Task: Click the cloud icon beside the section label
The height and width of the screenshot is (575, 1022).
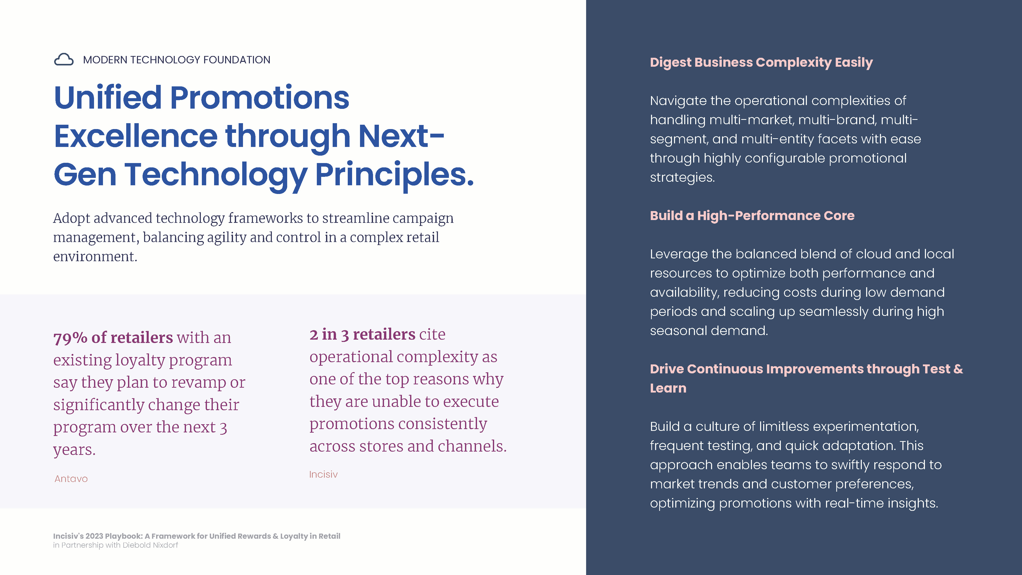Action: point(63,60)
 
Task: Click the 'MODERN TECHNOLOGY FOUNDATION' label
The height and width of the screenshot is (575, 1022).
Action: point(177,60)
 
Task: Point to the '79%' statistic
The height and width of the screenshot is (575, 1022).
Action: point(70,338)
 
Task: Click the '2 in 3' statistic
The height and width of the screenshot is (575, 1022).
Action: point(329,335)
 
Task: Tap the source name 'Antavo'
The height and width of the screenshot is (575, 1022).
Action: point(71,479)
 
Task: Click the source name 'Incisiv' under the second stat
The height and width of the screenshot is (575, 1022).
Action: point(323,474)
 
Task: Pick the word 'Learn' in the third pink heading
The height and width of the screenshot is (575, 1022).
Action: point(668,388)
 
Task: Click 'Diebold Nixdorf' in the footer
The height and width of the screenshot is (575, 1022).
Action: point(150,545)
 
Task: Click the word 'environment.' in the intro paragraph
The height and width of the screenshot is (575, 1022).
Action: point(95,257)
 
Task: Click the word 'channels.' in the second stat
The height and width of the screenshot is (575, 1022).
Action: point(472,446)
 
